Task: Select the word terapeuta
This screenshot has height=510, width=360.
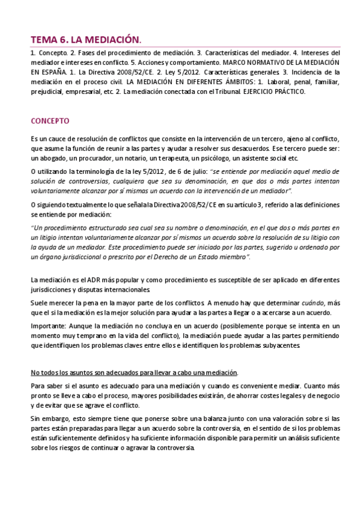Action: pos(171,158)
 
